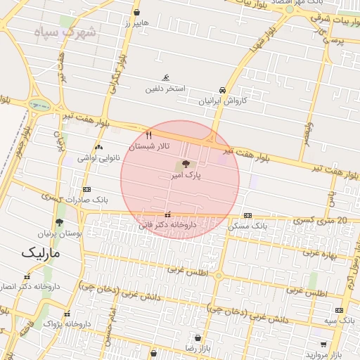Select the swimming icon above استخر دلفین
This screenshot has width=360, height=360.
[x=166, y=77]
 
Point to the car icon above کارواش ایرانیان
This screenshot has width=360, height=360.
[x=222, y=90]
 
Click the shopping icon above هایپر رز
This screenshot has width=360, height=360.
[x=136, y=13]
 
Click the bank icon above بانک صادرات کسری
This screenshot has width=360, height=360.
[x=86, y=189]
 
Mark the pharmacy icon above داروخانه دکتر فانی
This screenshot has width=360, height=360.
[x=167, y=215]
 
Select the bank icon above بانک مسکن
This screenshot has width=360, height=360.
[x=247, y=215]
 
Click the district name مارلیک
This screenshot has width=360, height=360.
[x=40, y=252]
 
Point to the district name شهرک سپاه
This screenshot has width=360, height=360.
[x=67, y=32]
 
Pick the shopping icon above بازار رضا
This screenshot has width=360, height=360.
[x=198, y=337]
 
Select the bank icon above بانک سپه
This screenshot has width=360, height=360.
[x=340, y=310]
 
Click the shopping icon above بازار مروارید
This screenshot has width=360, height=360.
[x=323, y=345]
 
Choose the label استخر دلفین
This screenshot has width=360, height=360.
[x=165, y=89]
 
